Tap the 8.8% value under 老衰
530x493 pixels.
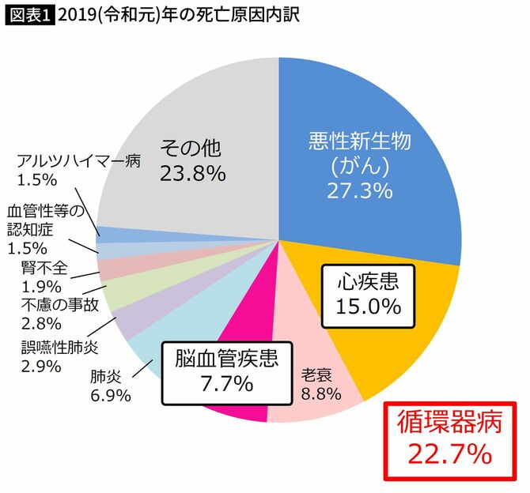(320, 393)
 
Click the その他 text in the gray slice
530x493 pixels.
(192, 148)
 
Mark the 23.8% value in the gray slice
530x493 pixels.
(192, 173)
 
